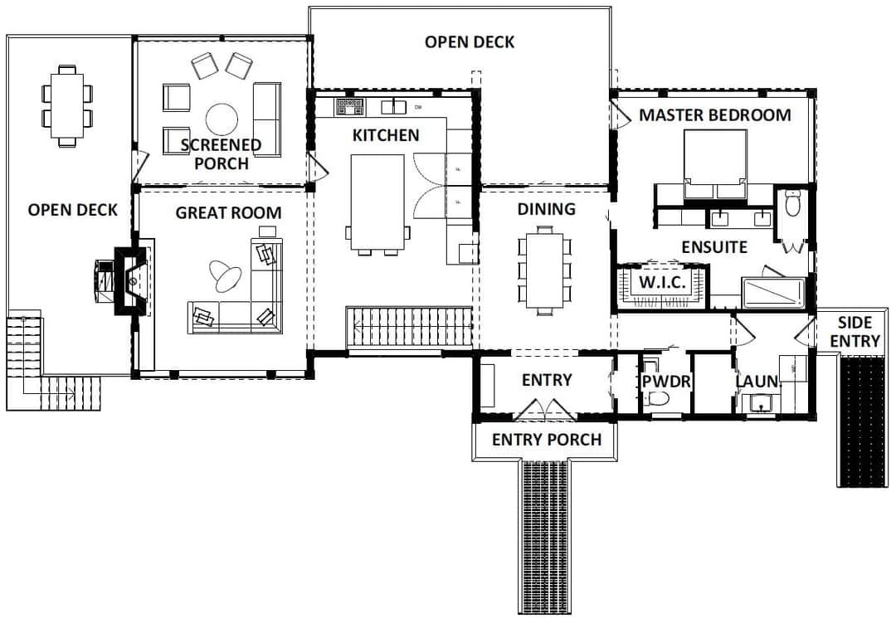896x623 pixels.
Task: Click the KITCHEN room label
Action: tap(386, 135)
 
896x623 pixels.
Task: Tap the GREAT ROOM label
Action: tap(229, 213)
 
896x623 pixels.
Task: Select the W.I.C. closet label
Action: tap(662, 282)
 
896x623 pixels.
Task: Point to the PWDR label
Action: tap(666, 382)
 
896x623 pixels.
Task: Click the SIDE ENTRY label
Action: tap(855, 332)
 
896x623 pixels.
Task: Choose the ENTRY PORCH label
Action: tap(547, 440)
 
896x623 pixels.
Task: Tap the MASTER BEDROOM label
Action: tap(715, 115)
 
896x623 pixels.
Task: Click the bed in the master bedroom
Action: tap(715, 164)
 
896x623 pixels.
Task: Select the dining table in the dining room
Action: tap(544, 270)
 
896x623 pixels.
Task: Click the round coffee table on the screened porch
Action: tap(222, 119)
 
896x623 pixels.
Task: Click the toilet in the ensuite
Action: tap(792, 203)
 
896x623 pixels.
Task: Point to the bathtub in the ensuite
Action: tap(773, 292)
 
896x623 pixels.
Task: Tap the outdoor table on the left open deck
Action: tap(67, 105)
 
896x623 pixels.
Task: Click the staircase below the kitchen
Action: tap(409, 327)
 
